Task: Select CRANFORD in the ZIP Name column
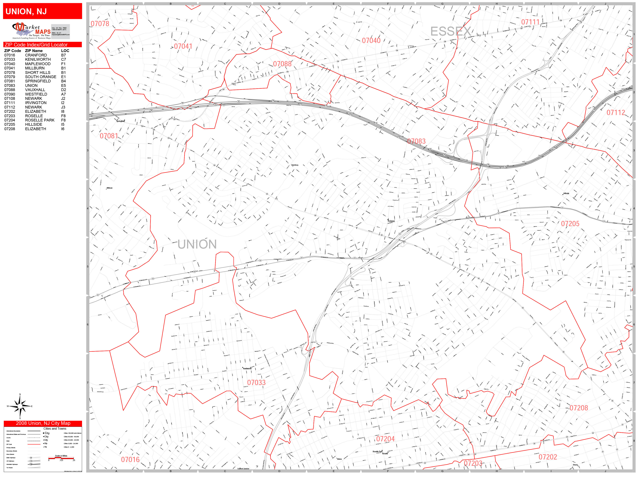[x=36, y=55]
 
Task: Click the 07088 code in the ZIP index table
[x=10, y=90]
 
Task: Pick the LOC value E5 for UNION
[x=63, y=85]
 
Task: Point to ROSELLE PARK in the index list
[x=40, y=120]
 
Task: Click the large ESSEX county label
[x=451, y=31]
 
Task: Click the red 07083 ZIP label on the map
[x=416, y=141]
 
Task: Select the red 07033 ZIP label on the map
[x=256, y=382]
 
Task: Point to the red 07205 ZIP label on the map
[x=570, y=224]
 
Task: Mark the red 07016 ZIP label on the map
[x=130, y=459]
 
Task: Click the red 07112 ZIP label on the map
[x=616, y=113]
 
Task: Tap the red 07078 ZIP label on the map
[x=100, y=24]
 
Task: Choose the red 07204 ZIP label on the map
[x=385, y=439]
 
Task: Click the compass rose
[x=20, y=406]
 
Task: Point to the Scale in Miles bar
[x=61, y=458]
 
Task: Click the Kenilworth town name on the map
[x=247, y=369]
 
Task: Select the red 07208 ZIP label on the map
[x=579, y=408]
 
